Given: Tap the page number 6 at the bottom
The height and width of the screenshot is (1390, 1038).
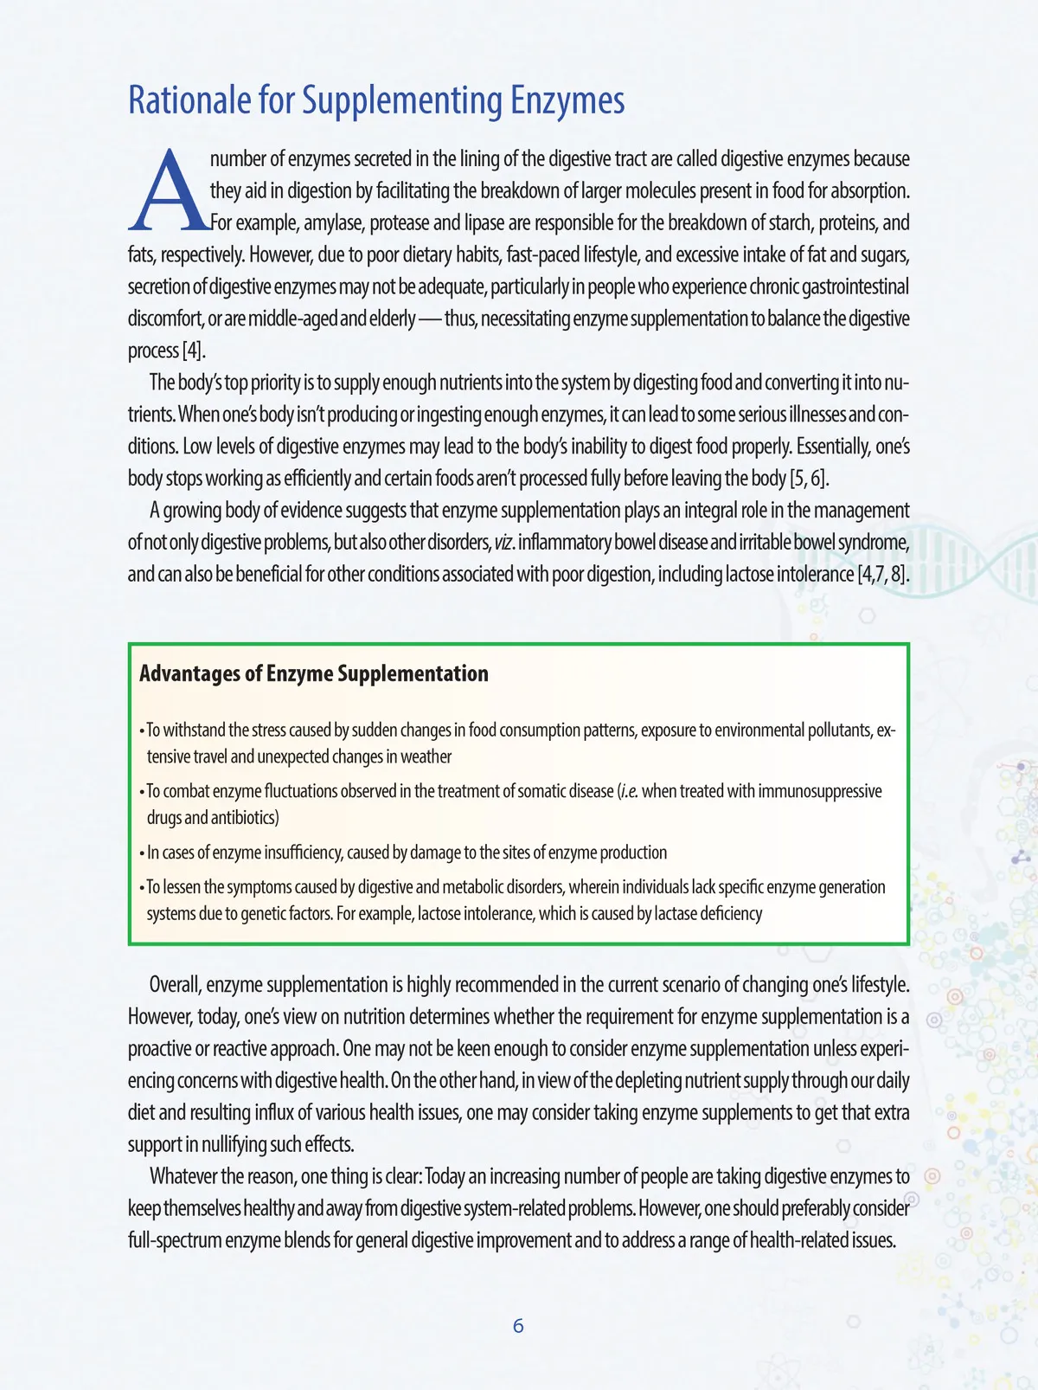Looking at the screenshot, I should (518, 1326).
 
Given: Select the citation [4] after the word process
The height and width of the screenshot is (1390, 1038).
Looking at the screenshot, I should (193, 351).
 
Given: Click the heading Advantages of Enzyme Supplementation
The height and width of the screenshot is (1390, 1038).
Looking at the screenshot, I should (313, 673).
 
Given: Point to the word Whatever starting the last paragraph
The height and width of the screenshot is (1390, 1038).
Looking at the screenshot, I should (183, 1176).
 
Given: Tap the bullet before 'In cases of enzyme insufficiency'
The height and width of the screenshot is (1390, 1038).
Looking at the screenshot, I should (142, 853).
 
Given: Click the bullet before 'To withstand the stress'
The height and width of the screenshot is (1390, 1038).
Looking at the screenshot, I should (142, 731).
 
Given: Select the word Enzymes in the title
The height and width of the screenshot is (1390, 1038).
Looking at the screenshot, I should (567, 100).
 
